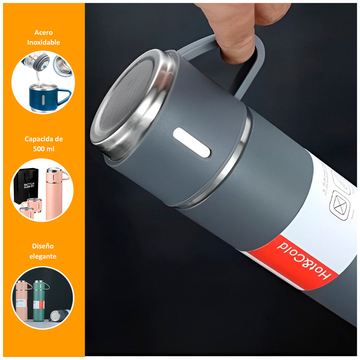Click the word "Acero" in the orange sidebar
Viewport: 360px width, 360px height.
click(x=44, y=33)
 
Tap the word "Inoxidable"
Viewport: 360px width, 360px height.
click(x=44, y=43)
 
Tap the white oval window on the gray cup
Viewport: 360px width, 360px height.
click(x=192, y=142)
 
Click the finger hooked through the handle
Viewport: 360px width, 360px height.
click(x=236, y=40)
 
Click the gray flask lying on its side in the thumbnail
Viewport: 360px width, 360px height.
click(x=58, y=315)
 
